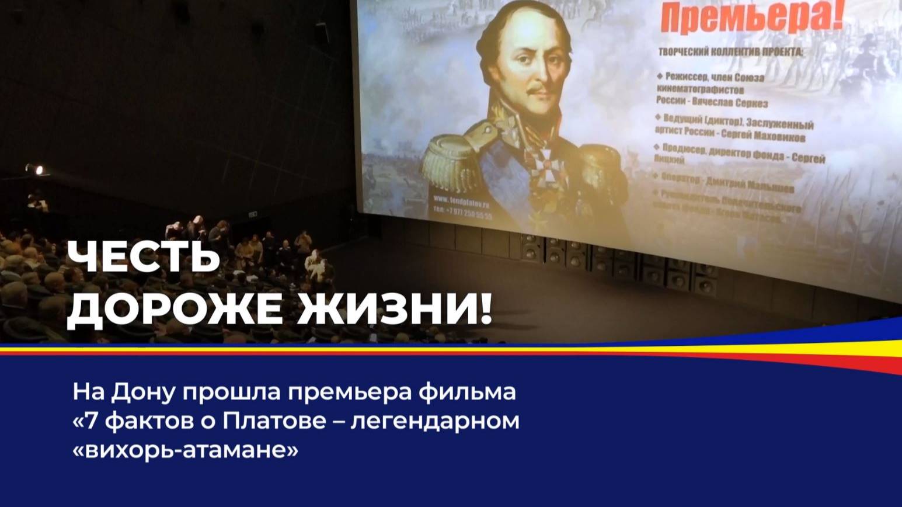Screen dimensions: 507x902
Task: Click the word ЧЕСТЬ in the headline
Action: click(143, 258)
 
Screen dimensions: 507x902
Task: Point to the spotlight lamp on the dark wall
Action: click(37, 169)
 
